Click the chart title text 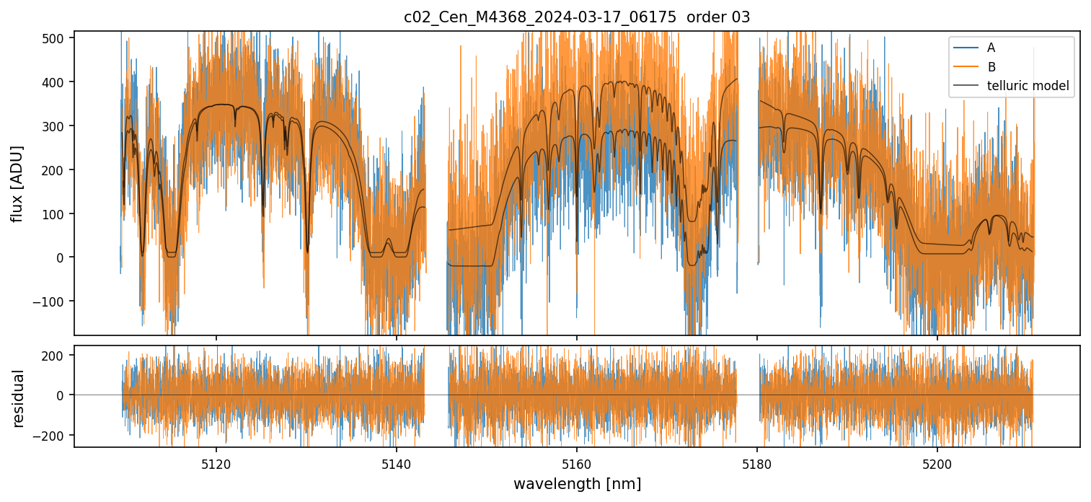(577, 17)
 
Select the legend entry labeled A (991, 48)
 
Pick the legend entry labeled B (991, 67)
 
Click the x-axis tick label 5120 (216, 465)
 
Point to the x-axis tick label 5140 (397, 465)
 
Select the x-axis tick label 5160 (577, 465)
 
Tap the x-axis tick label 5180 (757, 465)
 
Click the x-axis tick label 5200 (937, 465)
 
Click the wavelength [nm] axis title (577, 483)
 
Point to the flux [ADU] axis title (17, 183)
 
